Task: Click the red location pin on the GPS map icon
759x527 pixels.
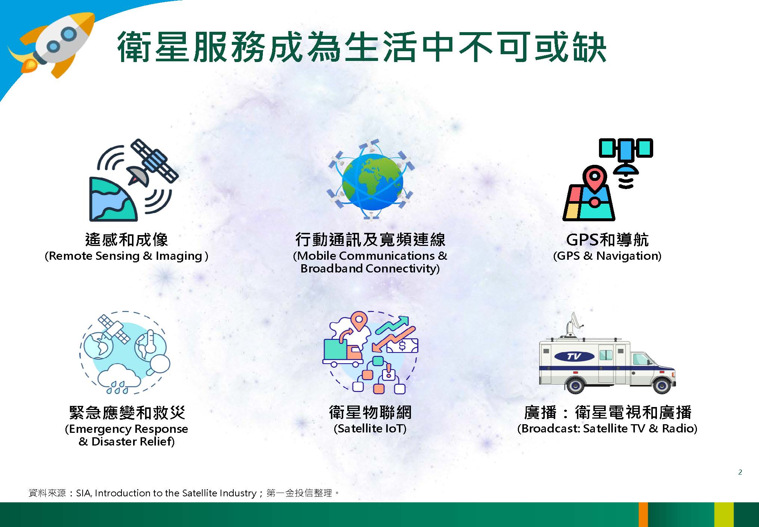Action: (594, 179)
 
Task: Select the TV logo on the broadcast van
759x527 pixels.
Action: (574, 356)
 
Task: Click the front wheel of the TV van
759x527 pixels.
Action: (662, 384)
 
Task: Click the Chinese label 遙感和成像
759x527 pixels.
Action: (127, 240)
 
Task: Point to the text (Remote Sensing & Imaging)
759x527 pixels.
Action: (126, 256)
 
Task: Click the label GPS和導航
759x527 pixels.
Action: (607, 240)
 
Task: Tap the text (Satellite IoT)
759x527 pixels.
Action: (370, 428)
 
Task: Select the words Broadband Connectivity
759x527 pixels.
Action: (369, 268)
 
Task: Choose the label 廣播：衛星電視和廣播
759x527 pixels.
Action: (608, 412)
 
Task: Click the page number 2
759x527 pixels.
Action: (740, 472)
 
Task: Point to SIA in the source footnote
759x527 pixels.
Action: (83, 493)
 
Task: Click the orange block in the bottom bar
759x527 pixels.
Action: (643, 515)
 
